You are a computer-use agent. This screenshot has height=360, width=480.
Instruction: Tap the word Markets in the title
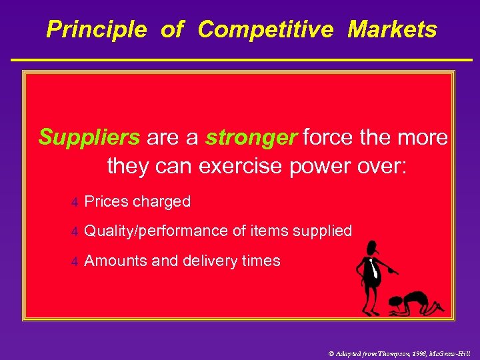pos(392,29)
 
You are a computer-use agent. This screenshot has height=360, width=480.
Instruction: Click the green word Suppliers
pos(89,137)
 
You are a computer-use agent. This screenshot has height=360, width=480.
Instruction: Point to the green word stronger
pos(251,137)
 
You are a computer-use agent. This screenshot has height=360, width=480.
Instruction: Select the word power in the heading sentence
pos(317,166)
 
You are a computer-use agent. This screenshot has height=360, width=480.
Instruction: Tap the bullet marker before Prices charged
pos(75,202)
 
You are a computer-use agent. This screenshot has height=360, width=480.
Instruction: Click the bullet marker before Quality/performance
pos(75,231)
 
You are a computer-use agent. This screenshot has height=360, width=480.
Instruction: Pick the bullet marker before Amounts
pos(75,261)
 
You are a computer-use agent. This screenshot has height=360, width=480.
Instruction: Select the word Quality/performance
pos(157,231)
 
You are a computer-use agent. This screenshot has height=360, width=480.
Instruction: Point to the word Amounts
pos(115,261)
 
